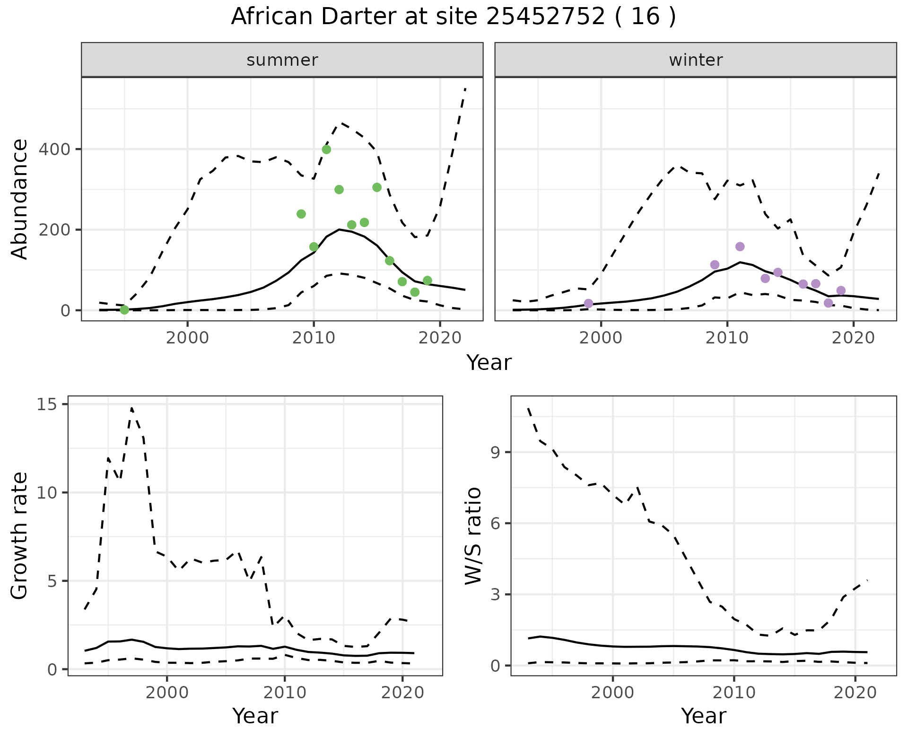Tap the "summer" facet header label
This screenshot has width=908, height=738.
pyautogui.click(x=282, y=60)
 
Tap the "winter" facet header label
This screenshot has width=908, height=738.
pyautogui.click(x=696, y=60)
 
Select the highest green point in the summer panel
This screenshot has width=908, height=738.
pyautogui.click(x=326, y=149)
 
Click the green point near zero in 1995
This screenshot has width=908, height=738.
pyautogui.click(x=124, y=310)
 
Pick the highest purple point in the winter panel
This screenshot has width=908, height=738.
pyautogui.click(x=740, y=246)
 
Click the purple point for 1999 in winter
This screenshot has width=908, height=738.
pyautogui.click(x=588, y=303)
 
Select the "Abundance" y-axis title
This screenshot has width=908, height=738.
pyautogui.click(x=20, y=199)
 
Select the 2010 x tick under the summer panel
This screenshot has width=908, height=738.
pyautogui.click(x=314, y=338)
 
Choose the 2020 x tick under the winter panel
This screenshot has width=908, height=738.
pyautogui.click(x=853, y=338)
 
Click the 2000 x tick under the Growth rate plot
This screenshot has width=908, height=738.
pyautogui.click(x=167, y=693)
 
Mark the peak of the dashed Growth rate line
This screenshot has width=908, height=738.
pyautogui.click(x=131, y=408)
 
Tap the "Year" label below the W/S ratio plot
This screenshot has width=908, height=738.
pyautogui.click(x=704, y=716)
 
